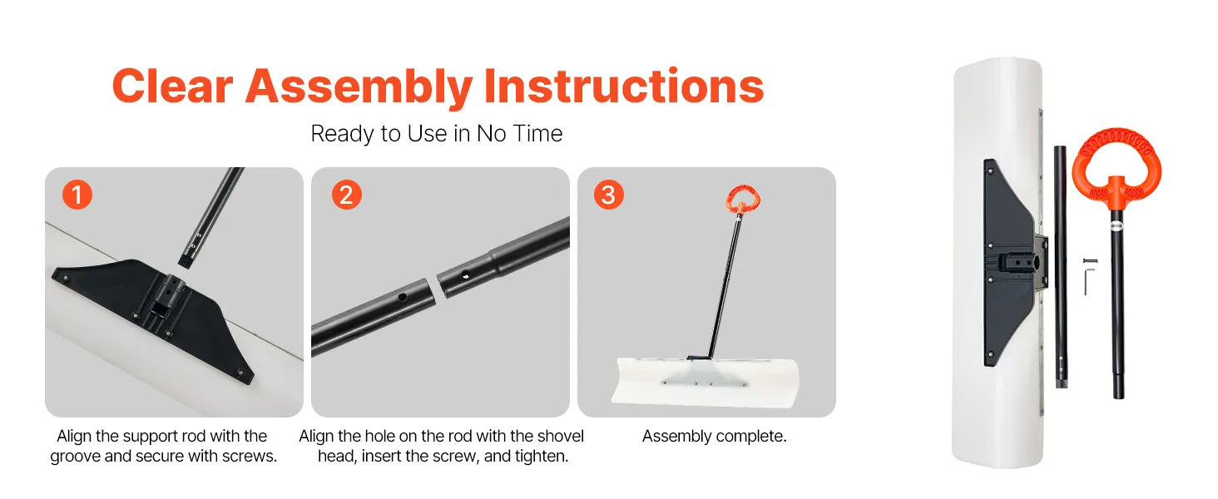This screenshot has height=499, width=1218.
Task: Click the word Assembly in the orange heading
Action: click(359, 87)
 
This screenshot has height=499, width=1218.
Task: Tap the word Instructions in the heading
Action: click(624, 86)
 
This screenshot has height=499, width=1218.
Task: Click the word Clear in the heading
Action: click(173, 86)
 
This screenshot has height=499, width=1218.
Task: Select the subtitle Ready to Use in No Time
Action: click(436, 134)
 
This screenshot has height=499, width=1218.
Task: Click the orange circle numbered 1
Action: click(77, 195)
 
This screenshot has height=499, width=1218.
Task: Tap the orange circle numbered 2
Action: click(346, 195)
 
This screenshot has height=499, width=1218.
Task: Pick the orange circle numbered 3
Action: click(608, 195)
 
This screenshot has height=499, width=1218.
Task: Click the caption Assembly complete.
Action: click(714, 436)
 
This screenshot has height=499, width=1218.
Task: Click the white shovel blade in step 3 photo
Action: click(706, 382)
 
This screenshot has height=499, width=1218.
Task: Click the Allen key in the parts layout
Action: click(1087, 279)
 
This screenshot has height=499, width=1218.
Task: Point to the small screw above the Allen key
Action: click(1090, 261)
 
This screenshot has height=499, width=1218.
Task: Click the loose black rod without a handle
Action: click(1060, 266)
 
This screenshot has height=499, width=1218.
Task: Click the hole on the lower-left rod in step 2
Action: click(403, 297)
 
